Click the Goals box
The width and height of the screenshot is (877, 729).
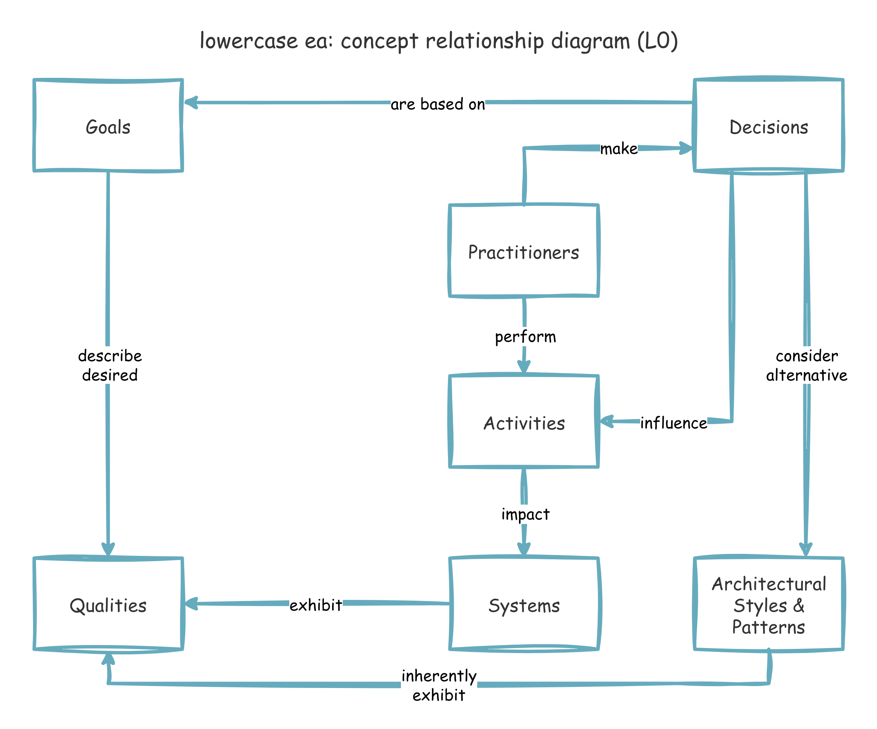coord(108,125)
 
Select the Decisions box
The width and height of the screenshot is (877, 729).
coord(768,125)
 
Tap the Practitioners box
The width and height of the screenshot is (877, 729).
coord(524,251)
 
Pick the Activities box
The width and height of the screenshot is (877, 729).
coord(524,422)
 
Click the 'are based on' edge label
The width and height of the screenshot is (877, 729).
coord(437,104)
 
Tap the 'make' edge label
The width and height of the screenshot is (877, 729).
coord(618,148)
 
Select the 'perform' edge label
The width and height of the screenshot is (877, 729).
coord(525,336)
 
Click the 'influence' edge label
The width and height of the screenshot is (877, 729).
coord(673,423)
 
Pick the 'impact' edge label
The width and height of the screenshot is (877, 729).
coord(525,514)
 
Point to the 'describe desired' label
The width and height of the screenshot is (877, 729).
coord(109,365)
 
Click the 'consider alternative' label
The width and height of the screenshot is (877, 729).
coord(806,365)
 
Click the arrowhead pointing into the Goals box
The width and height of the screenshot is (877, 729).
coord(191,103)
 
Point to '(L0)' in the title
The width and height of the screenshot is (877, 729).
coord(657,41)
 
